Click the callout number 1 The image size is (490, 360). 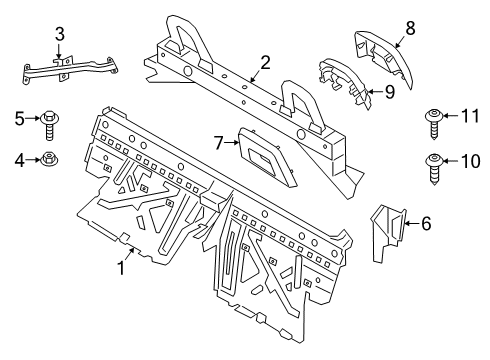tap(122, 267)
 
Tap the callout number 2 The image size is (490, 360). tap(265, 64)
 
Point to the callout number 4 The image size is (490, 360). tap(19, 158)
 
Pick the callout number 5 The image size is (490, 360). tap(19, 121)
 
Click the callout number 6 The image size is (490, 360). tap(425, 225)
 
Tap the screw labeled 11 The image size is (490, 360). tap(436, 121)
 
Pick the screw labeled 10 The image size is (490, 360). tap(436, 164)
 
